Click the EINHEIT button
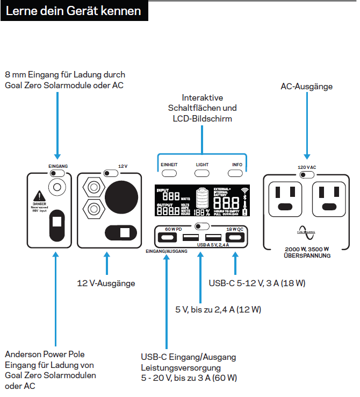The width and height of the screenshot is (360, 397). click(x=169, y=173)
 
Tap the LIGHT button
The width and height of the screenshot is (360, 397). click(x=202, y=173)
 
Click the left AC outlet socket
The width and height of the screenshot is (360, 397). click(x=285, y=197)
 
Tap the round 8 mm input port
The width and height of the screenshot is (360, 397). click(x=56, y=187)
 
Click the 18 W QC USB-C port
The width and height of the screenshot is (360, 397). click(x=234, y=237)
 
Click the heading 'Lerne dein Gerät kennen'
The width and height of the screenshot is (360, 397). click(x=74, y=11)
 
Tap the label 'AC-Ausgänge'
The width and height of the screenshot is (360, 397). click(x=307, y=86)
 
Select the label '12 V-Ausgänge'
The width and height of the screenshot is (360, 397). click(x=106, y=283)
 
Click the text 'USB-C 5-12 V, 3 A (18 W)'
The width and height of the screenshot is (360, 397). click(x=257, y=283)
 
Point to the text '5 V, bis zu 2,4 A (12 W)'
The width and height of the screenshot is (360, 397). click(x=218, y=309)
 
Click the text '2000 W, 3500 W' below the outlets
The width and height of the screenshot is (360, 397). click(x=307, y=250)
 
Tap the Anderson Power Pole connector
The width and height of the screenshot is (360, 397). click(x=56, y=225)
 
